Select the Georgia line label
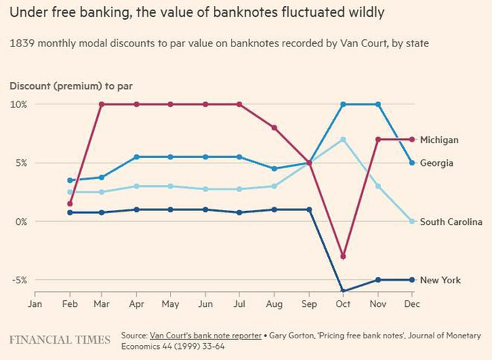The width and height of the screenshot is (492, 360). point(436,163)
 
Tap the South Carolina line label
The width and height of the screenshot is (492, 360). point(451,222)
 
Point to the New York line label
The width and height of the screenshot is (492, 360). point(440,280)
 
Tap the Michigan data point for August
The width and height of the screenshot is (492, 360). point(274,128)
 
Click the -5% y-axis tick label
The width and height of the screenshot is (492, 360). point(18,280)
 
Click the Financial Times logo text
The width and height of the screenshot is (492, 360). point(60,339)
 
